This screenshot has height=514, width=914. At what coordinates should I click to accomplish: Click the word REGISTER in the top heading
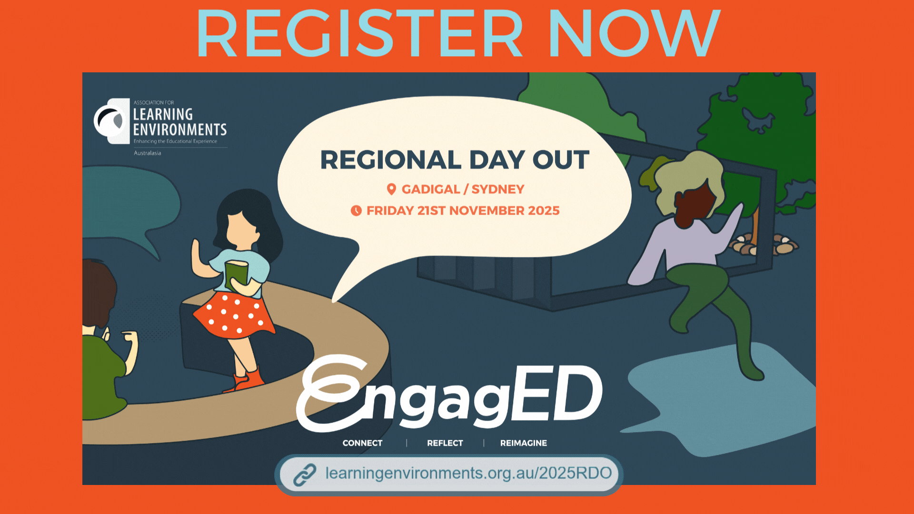click(359, 33)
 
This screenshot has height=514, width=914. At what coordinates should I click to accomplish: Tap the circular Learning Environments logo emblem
click(111, 121)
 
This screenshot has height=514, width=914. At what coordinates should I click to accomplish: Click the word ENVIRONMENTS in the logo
click(179, 129)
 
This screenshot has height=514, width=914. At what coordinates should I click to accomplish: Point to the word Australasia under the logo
click(147, 153)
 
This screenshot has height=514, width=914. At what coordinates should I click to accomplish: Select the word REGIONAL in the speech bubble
click(391, 160)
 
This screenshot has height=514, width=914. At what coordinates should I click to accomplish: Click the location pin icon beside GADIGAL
click(391, 189)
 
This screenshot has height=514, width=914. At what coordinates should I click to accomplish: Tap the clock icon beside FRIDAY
click(356, 210)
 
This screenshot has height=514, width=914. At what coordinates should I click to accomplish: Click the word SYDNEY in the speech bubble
click(497, 189)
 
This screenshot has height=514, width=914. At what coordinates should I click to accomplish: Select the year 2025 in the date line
click(544, 210)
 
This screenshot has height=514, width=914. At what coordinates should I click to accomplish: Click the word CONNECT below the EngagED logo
click(362, 443)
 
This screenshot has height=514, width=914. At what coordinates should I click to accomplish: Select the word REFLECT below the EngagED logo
click(445, 443)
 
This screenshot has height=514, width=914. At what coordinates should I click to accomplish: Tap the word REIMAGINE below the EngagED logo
click(524, 443)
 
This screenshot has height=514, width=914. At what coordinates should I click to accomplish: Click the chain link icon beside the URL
click(305, 474)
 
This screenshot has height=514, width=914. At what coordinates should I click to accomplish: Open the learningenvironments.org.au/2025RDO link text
click(468, 473)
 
